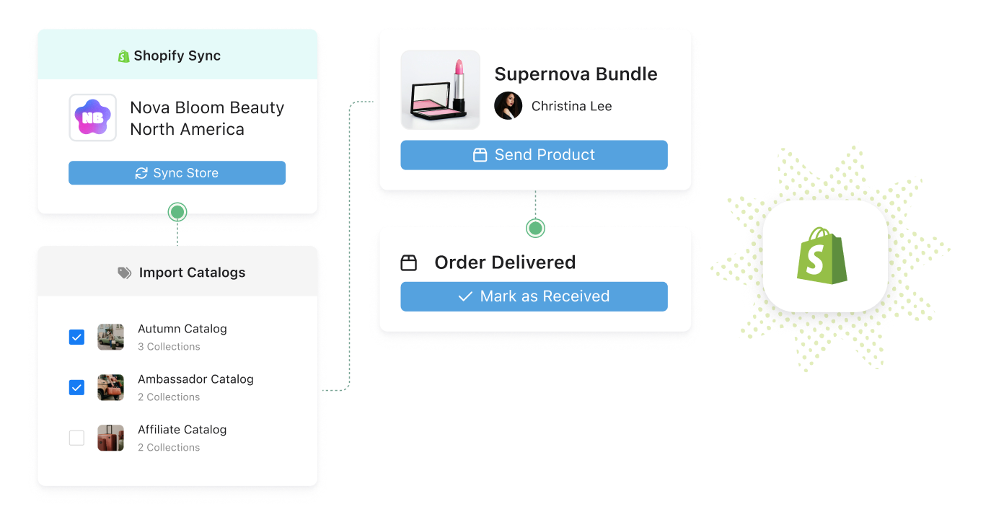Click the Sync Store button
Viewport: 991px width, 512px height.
(177, 173)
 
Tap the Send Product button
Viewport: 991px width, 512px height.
(534, 155)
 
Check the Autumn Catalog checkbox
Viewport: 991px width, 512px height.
(76, 337)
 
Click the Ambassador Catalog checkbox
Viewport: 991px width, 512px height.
(76, 387)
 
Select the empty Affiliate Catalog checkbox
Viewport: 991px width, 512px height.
(76, 438)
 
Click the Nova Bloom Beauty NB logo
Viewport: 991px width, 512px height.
(92, 118)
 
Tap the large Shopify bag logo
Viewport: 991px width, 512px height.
(822, 256)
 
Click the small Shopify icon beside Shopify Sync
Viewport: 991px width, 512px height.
(124, 56)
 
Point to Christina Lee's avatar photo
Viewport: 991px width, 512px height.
(508, 106)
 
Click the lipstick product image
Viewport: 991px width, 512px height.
(440, 89)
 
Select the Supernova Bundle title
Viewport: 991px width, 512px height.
(576, 74)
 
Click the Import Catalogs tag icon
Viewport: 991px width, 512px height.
(125, 273)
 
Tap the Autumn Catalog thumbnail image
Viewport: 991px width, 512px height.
(111, 337)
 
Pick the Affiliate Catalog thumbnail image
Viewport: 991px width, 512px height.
(111, 438)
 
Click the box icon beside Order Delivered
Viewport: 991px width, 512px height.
(409, 262)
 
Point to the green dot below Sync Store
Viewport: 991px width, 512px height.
(177, 212)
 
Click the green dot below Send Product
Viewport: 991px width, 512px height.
(535, 228)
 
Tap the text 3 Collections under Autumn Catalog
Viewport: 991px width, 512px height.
(169, 347)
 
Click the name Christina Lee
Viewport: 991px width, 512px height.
(571, 106)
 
